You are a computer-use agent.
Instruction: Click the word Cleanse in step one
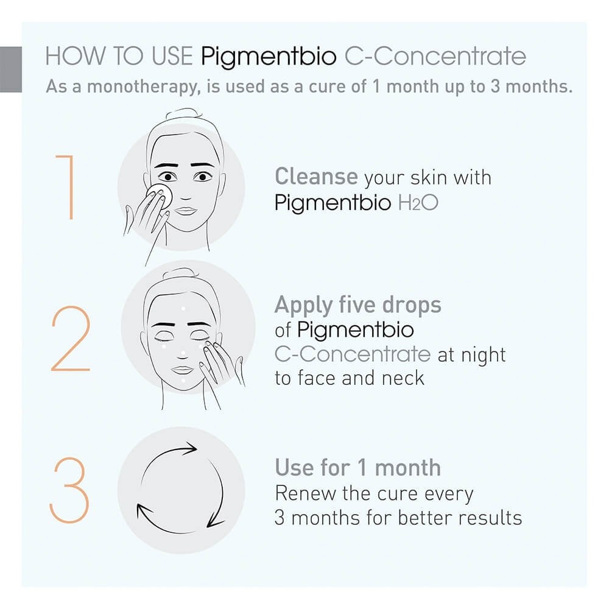pyautogui.click(x=315, y=177)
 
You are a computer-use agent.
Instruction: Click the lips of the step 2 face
pyautogui.click(x=182, y=370)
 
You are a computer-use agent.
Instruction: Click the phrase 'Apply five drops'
pyautogui.click(x=357, y=304)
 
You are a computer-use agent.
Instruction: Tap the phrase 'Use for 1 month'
pyautogui.click(x=357, y=468)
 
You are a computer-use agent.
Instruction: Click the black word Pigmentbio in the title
pyautogui.click(x=269, y=57)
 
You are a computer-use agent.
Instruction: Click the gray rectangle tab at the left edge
pyautogui.click(x=10, y=68)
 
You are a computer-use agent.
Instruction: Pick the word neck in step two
pyautogui.click(x=403, y=378)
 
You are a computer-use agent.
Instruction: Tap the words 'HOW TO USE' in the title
pyautogui.click(x=119, y=57)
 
